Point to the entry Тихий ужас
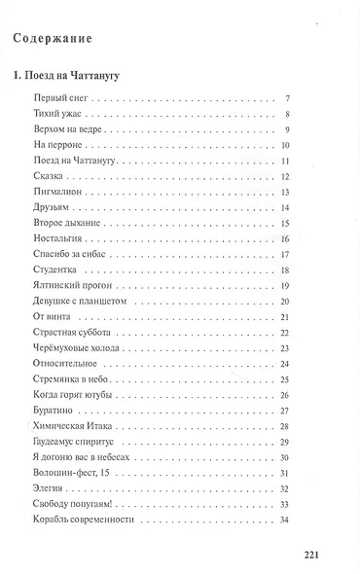[x=56, y=115]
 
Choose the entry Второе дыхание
[x=65, y=222]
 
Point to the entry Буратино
[x=54, y=411]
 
